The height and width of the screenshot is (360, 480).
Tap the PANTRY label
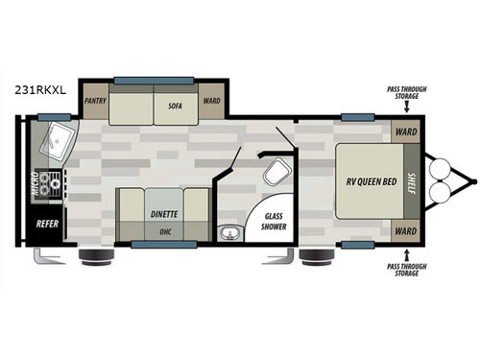click(x=95, y=99)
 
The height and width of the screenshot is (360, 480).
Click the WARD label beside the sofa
click(x=211, y=99)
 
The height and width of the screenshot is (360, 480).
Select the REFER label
click(x=47, y=224)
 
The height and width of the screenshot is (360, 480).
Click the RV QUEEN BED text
click(x=366, y=182)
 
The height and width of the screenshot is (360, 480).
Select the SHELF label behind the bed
click(x=410, y=181)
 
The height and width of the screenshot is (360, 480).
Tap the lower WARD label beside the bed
click(x=406, y=232)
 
